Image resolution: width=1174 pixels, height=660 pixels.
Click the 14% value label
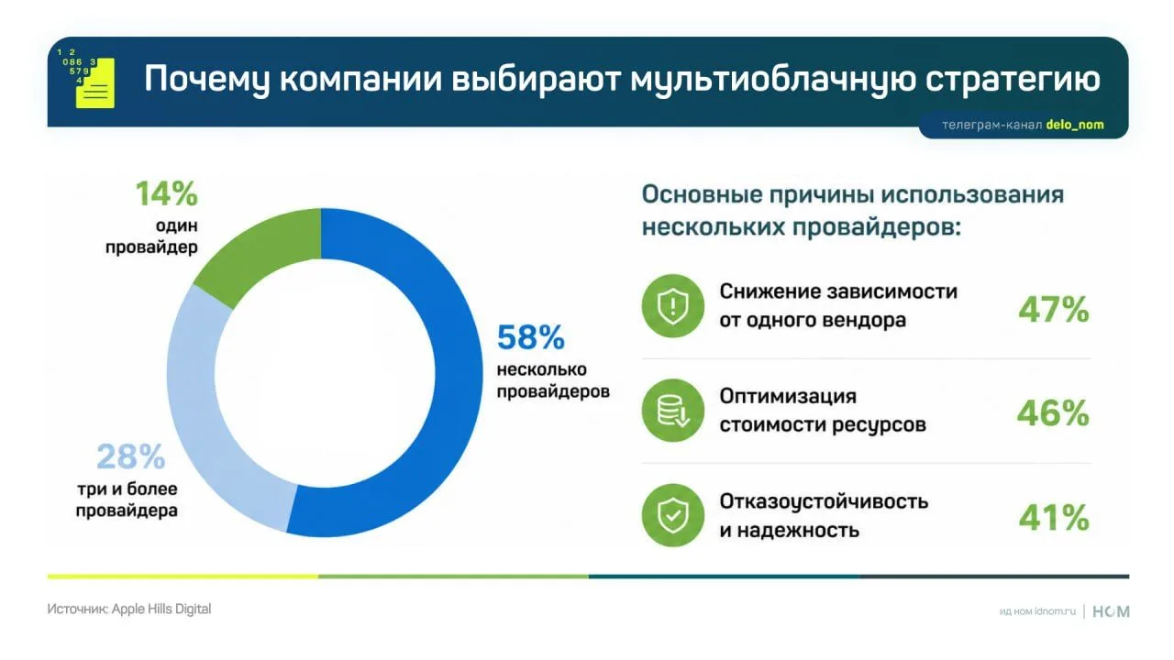(x=167, y=193)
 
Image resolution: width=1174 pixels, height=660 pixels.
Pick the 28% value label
(x=131, y=456)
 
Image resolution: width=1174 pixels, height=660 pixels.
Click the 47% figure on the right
(x=1054, y=309)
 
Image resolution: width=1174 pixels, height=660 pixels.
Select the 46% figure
(x=1053, y=413)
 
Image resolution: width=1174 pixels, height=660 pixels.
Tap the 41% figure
(x=1054, y=518)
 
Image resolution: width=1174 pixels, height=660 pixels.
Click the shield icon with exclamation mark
(x=673, y=306)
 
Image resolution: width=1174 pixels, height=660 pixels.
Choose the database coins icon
(x=673, y=410)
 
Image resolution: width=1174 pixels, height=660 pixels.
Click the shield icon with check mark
(x=673, y=515)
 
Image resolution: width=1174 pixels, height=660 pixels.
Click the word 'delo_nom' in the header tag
(x=1075, y=125)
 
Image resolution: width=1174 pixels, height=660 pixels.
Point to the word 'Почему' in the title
(x=207, y=80)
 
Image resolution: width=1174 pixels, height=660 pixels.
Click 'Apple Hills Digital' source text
(x=161, y=610)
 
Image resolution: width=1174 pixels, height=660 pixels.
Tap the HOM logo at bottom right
(x=1111, y=611)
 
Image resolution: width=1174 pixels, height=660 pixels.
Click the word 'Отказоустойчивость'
(x=824, y=501)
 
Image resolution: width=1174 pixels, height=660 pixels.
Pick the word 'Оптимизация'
(x=788, y=397)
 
